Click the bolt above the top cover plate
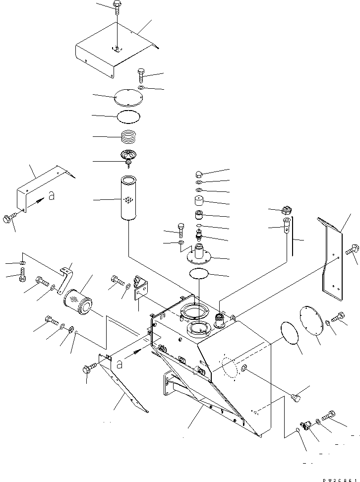117,6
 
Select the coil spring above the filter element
129,135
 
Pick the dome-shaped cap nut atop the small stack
198,174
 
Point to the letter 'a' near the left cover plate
52,196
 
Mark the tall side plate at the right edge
331,258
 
